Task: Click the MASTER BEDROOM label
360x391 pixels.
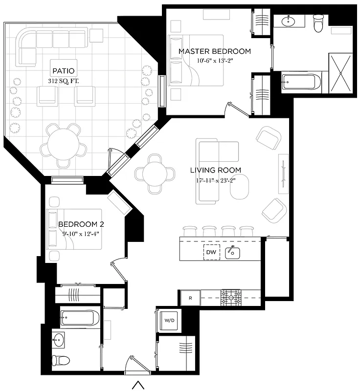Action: click(214, 51)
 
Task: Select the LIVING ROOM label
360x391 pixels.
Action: click(216, 171)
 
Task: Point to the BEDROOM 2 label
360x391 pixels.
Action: click(81, 224)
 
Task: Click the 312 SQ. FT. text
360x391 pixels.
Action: click(65, 80)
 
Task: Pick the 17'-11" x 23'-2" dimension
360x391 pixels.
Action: click(216, 180)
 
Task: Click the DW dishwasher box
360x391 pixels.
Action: click(211, 252)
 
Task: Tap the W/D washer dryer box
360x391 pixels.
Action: click(169, 321)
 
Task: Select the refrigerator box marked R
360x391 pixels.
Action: click(190, 297)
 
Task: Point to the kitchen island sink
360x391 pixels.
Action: click(232, 252)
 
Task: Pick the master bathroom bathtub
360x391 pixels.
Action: click(301, 82)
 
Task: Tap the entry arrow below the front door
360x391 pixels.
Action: click(138, 385)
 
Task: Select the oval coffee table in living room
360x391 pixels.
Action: click(240, 187)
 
